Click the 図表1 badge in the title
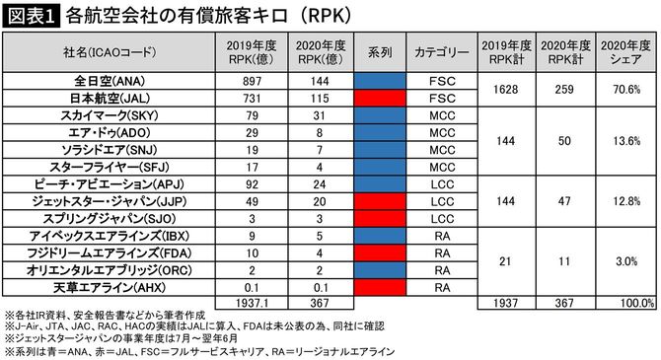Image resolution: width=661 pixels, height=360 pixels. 32,17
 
